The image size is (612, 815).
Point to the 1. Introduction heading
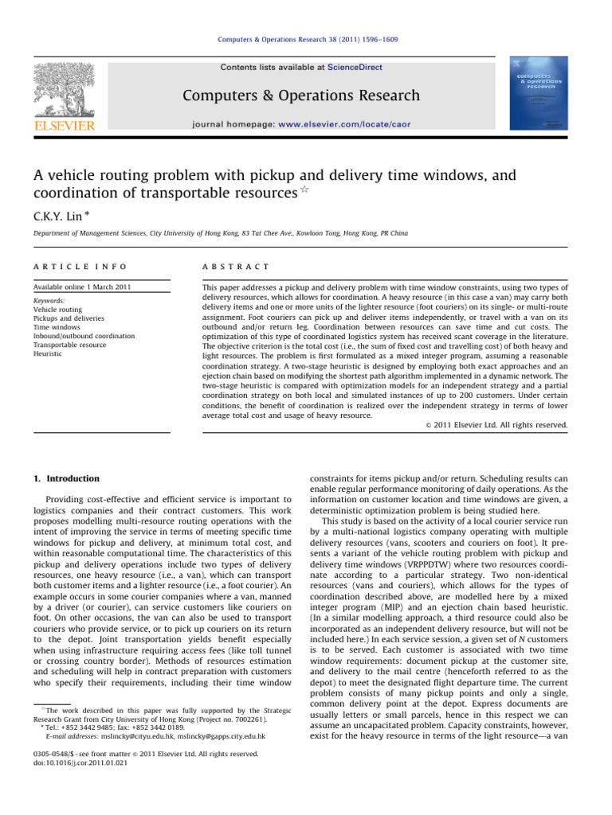tap(67, 478)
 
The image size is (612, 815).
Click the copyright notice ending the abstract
tap(492, 425)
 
